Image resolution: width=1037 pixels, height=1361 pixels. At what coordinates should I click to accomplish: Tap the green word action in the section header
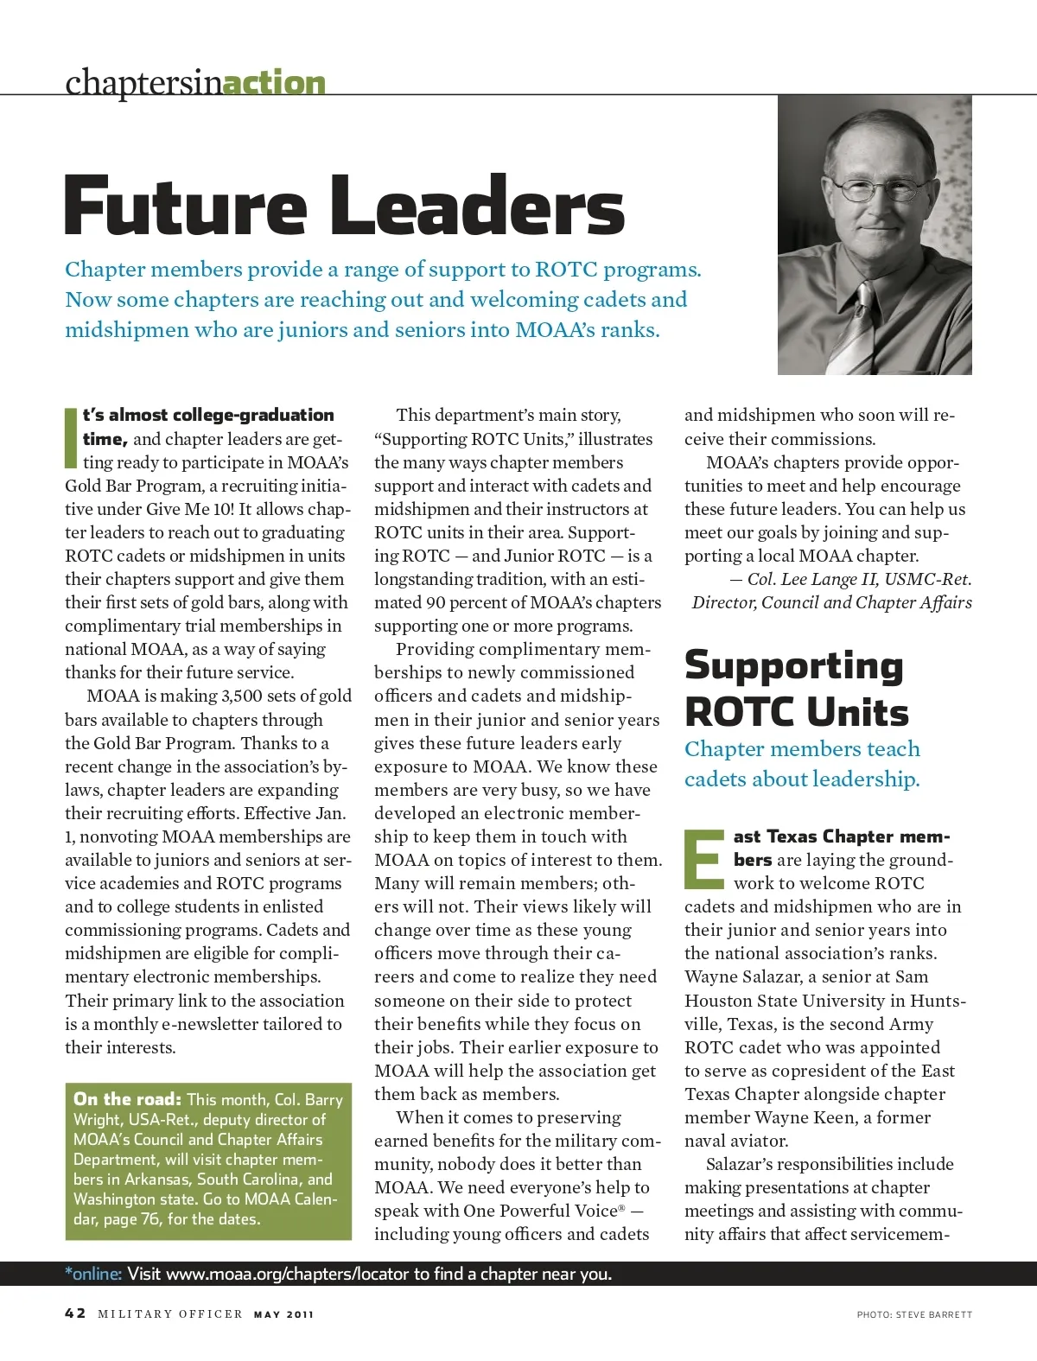[274, 83]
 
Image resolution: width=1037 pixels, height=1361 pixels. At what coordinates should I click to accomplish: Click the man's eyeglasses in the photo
[874, 188]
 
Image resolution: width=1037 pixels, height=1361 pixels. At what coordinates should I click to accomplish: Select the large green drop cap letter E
[705, 860]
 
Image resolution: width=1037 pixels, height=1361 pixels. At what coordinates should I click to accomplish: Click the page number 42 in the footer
[75, 1313]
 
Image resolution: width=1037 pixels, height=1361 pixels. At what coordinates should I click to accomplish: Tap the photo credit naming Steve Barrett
[914, 1314]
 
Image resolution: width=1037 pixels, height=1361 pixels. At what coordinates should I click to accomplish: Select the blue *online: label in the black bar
[93, 1274]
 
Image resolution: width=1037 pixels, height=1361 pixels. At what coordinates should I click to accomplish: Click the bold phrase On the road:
[127, 1099]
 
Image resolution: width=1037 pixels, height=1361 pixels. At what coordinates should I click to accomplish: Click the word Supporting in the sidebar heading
[793, 666]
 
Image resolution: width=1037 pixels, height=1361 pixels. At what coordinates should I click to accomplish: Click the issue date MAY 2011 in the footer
[283, 1314]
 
